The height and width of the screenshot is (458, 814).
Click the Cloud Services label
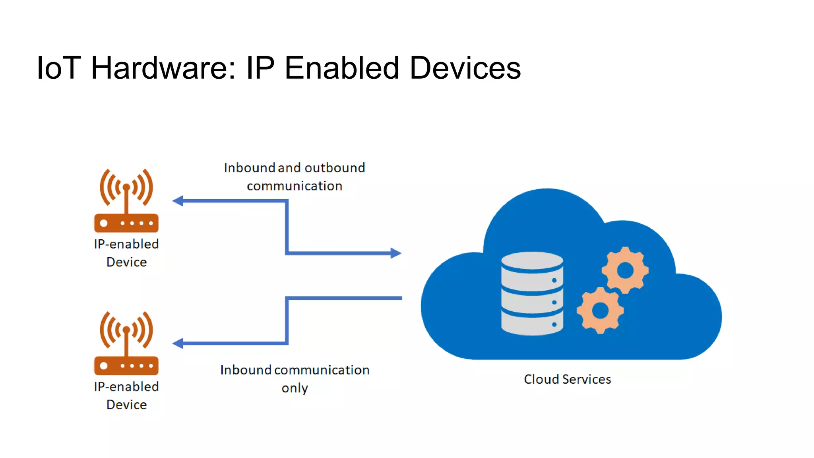567,379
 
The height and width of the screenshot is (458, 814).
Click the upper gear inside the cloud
625,270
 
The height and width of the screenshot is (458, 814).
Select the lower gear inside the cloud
600,311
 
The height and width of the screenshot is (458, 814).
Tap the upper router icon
126,201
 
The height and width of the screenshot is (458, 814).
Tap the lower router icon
126,343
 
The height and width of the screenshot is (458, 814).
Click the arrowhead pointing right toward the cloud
396,253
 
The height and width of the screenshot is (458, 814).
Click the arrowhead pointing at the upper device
178,201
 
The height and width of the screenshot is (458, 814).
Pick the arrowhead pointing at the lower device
178,343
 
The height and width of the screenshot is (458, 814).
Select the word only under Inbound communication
295,388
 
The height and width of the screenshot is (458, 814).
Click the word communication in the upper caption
295,186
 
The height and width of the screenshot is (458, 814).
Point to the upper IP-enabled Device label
126,253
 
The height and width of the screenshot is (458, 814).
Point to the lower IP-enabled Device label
126,396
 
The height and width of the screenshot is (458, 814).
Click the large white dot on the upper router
104,223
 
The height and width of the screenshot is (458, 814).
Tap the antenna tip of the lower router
126,329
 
